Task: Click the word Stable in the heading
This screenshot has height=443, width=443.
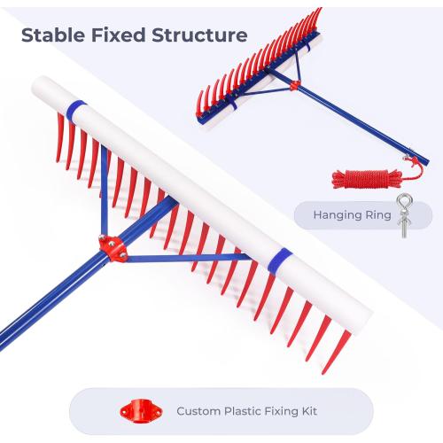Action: pos(53,35)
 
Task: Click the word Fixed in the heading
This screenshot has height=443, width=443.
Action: pos(118,35)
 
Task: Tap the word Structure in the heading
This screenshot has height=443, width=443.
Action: pos(199,35)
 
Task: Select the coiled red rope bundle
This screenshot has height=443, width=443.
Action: pos(366,178)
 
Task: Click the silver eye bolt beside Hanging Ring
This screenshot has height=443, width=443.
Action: pos(405,215)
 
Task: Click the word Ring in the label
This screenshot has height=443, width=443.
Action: pos(378,215)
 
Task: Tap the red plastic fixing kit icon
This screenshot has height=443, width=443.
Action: pos(141,411)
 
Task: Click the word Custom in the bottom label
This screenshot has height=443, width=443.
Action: pos(198,411)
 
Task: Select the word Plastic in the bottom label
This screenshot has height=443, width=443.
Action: pos(243,411)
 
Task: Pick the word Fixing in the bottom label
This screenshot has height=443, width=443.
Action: pos(281,412)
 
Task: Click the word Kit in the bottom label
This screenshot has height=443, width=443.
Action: pos(309,411)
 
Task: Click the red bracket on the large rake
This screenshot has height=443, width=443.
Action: pos(113,247)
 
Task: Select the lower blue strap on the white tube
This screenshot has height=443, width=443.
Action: pos(279,260)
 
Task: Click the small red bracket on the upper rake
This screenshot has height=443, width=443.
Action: pos(294,86)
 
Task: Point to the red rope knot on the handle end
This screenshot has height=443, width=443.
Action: pos(414,161)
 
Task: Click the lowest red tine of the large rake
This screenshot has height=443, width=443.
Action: pos(336,352)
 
